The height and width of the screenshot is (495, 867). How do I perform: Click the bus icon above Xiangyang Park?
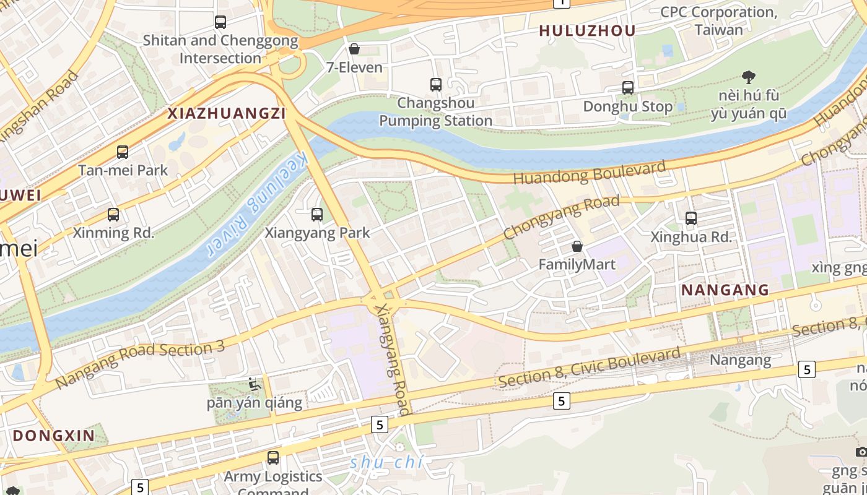click(317, 215)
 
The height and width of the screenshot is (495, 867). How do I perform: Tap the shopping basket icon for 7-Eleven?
click(354, 49)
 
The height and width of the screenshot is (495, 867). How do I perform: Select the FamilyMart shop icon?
click(577, 246)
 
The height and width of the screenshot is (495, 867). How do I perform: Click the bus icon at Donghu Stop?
click(628, 88)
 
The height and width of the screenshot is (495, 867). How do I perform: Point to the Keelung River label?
click(254, 203)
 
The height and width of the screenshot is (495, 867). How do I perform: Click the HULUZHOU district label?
click(587, 31)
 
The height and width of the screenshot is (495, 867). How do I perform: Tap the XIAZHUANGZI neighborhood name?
click(227, 113)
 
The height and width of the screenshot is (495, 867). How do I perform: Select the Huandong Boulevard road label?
click(590, 171)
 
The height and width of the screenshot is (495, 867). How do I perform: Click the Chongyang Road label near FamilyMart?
click(561, 217)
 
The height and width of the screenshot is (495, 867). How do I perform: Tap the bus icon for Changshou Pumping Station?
click(436, 85)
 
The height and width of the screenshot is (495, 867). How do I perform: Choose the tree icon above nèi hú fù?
click(749, 77)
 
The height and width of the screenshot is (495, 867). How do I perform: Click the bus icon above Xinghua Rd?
click(691, 218)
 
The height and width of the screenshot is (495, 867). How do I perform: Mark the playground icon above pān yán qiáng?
click(255, 384)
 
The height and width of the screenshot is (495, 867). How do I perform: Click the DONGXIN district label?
click(54, 436)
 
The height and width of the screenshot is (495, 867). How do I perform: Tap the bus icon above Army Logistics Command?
click(273, 458)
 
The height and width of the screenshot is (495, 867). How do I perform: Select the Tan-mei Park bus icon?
click(123, 152)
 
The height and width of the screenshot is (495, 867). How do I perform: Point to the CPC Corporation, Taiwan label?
click(718, 20)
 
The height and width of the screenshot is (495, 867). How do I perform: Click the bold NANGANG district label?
click(725, 290)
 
